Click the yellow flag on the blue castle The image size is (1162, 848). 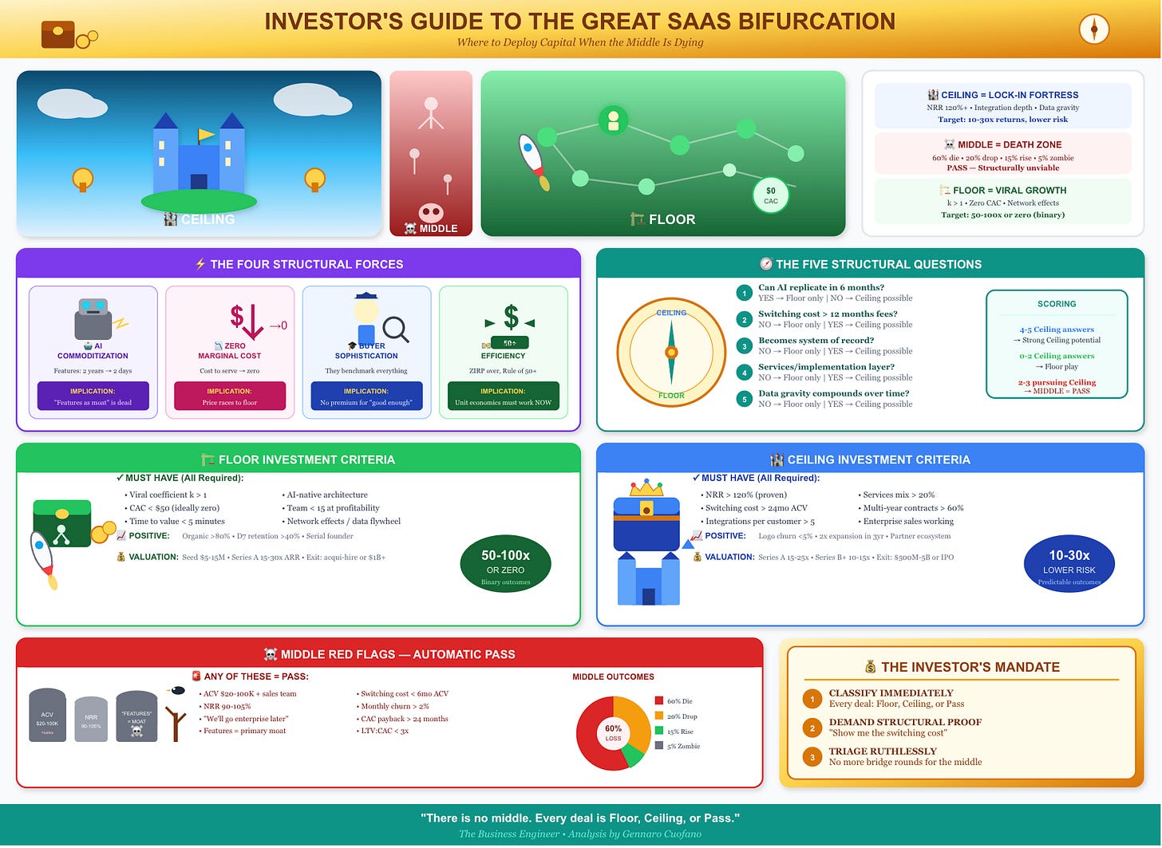[206, 135]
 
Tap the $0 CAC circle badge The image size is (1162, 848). [770, 195]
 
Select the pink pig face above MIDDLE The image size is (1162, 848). [431, 213]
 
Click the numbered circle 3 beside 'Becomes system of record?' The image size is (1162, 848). [744, 346]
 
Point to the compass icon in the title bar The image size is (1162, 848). [1093, 30]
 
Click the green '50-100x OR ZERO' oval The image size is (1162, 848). [505, 566]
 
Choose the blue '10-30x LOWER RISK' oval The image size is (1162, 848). [1069, 566]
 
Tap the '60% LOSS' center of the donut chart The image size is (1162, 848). [613, 732]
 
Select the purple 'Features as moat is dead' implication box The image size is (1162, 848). [93, 396]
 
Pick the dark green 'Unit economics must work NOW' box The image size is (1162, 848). [503, 396]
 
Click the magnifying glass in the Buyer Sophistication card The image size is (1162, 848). [395, 329]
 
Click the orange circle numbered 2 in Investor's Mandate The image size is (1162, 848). [812, 728]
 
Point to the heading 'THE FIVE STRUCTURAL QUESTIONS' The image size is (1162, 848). [878, 264]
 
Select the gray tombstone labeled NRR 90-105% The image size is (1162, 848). [91, 720]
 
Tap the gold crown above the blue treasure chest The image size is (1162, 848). [646, 487]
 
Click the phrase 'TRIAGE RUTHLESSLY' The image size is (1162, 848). [875, 751]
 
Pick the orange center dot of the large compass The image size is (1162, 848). [671, 352]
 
